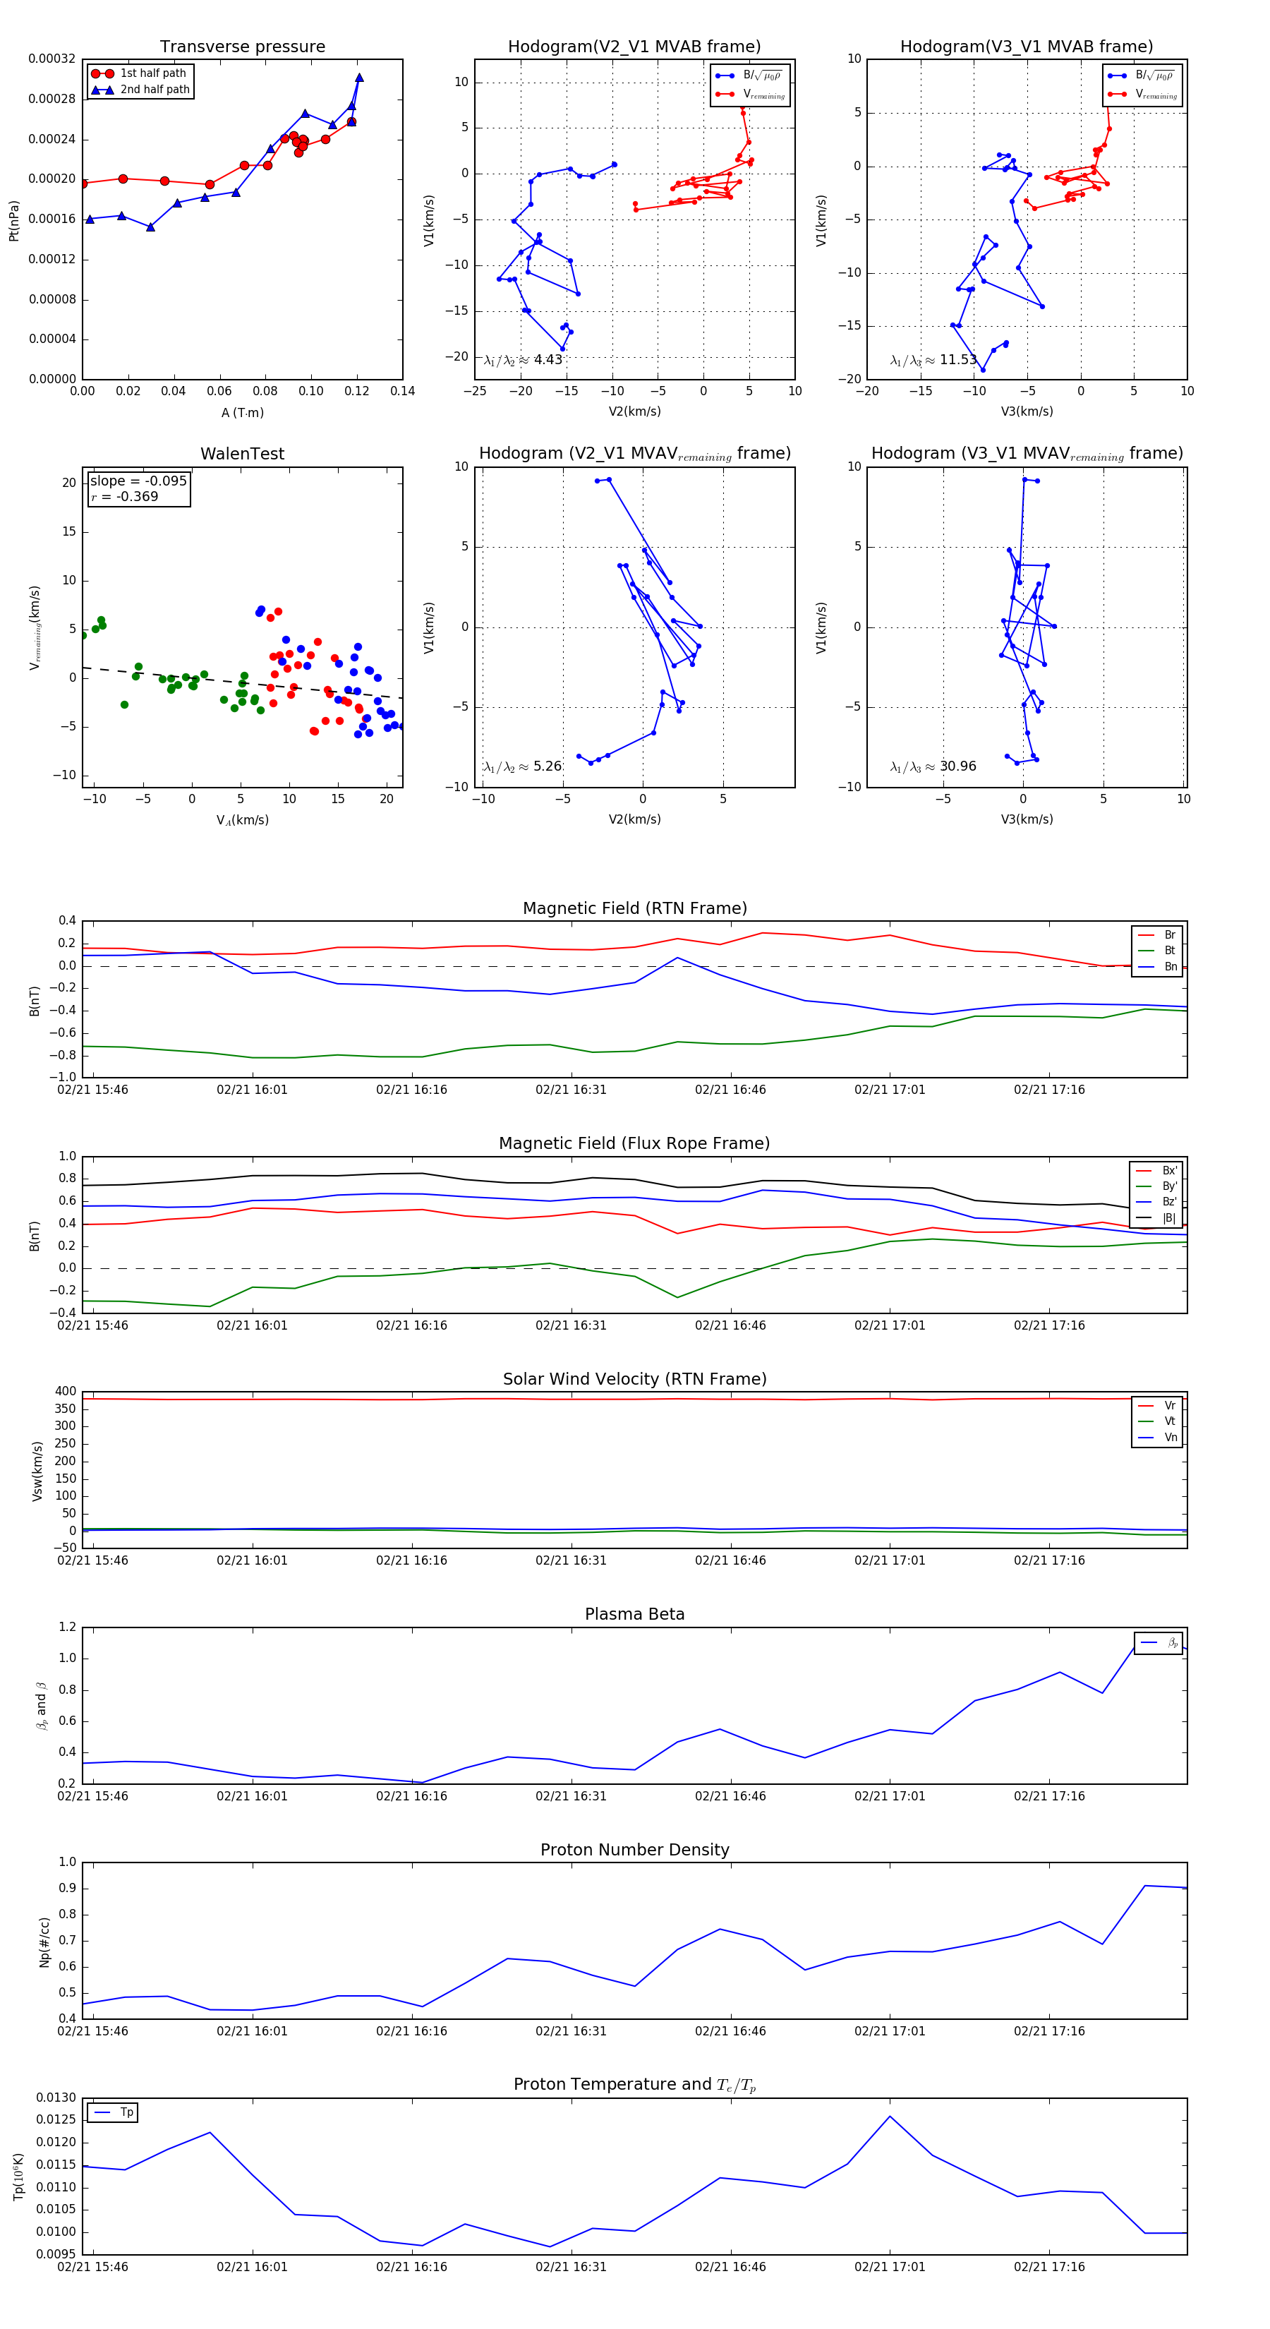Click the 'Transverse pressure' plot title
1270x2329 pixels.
tap(242, 47)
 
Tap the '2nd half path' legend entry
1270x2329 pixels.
tap(155, 90)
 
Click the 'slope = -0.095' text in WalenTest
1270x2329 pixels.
tap(138, 481)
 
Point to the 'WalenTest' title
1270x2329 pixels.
tap(242, 454)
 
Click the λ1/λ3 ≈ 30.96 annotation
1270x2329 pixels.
tap(933, 766)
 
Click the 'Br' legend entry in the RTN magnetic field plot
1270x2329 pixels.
tap(1170, 935)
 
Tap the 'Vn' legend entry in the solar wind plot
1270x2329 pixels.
tap(1171, 1438)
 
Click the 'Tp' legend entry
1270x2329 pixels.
tap(126, 2112)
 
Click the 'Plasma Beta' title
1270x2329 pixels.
tap(634, 1614)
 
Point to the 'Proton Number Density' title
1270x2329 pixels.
tap(634, 1850)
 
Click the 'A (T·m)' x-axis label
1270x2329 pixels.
tap(242, 413)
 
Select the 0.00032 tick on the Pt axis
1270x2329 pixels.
tap(52, 59)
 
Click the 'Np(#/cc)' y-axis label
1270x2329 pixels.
tap(44, 1942)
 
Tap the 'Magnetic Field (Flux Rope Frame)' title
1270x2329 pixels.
tap(634, 1144)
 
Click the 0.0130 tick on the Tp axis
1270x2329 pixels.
tap(56, 2098)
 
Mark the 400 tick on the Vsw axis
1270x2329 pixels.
tap(66, 1392)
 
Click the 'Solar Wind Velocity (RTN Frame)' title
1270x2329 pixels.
tap(634, 1379)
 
